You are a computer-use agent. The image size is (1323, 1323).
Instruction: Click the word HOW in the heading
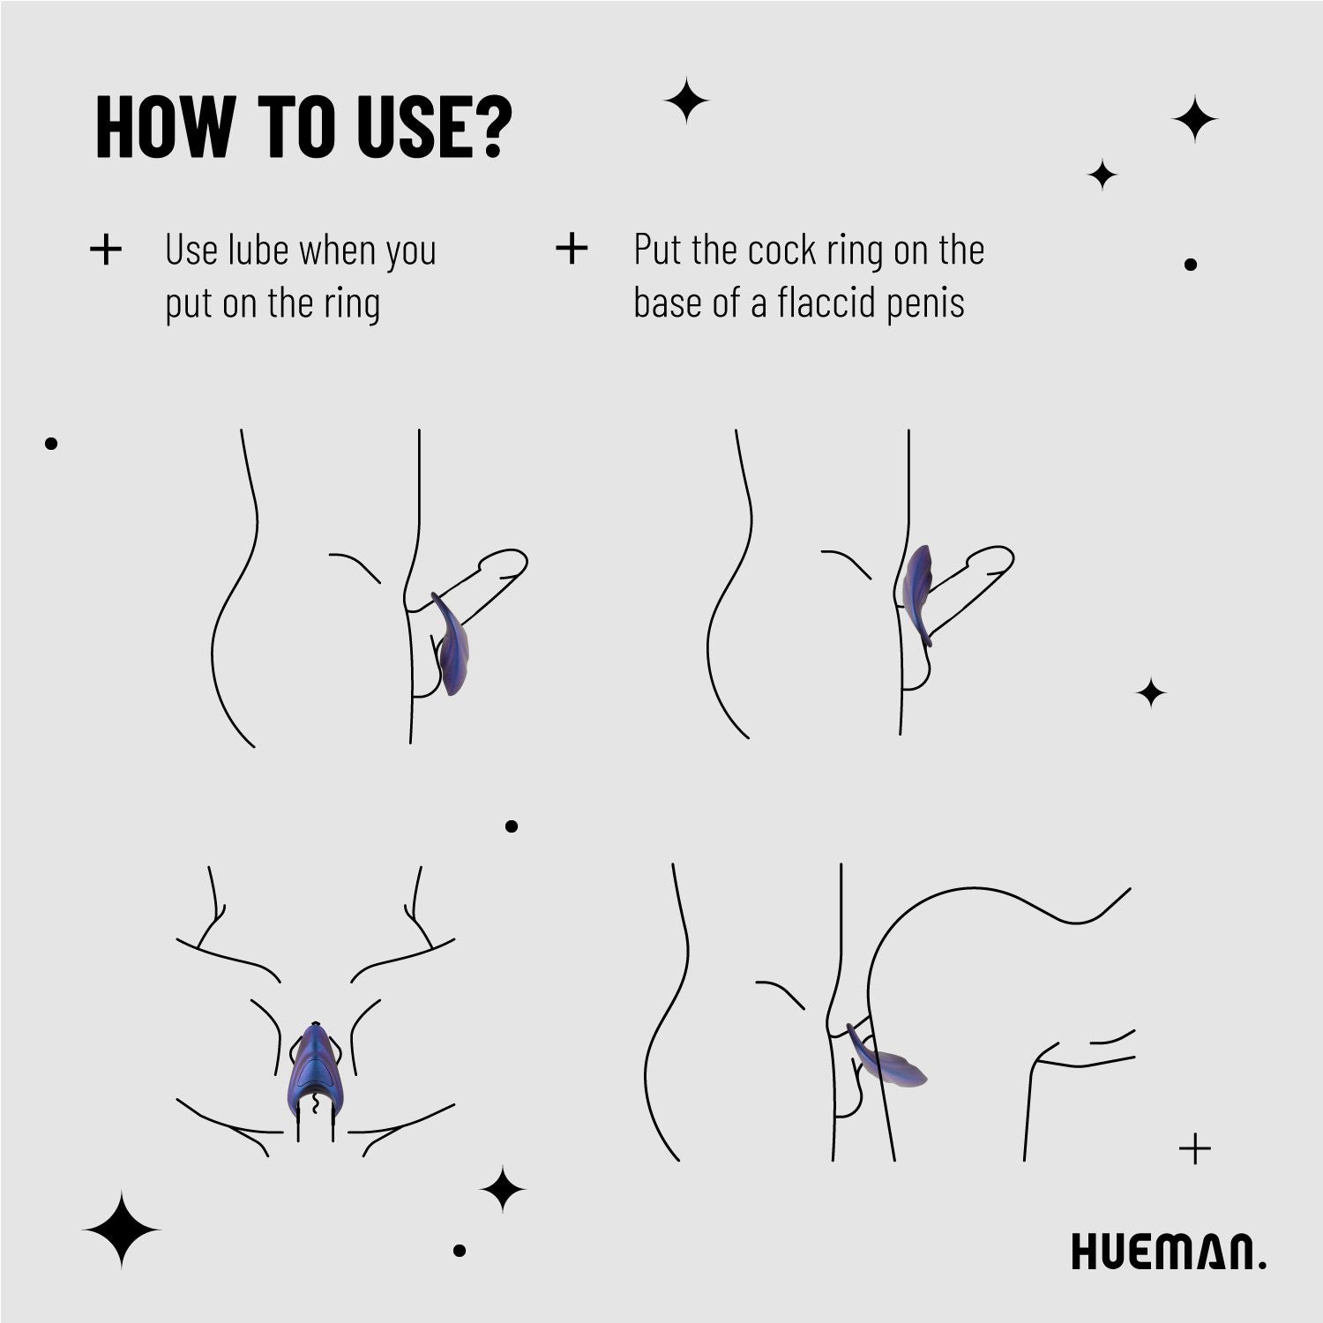164,127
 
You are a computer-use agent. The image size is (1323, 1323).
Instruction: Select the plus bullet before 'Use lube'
106,250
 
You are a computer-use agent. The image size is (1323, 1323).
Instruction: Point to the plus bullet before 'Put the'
572,249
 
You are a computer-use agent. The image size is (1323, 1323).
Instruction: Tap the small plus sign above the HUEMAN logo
1195,1148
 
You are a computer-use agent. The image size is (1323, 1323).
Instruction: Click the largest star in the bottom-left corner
122,1229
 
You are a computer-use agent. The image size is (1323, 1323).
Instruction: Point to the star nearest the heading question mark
686,101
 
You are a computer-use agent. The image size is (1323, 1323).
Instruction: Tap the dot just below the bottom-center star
459,1250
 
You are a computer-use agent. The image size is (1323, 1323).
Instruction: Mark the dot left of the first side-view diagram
51,444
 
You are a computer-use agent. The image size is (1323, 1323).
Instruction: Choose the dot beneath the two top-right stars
1190,264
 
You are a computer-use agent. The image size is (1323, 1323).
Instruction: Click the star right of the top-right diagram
1150,693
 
